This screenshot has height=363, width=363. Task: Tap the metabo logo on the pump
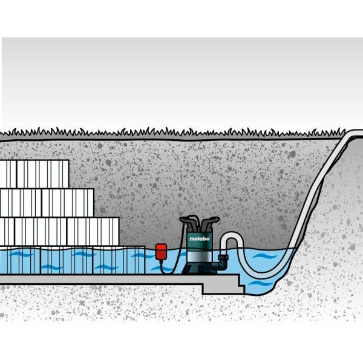[x=200, y=239]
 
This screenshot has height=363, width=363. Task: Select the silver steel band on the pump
[x=199, y=257]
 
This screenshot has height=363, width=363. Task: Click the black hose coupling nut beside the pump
[x=223, y=257]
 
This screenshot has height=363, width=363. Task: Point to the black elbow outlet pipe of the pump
[x=221, y=266]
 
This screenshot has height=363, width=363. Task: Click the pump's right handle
[x=210, y=222]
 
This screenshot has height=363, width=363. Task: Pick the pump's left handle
[x=188, y=222]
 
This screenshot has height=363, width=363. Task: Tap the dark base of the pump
[x=199, y=268]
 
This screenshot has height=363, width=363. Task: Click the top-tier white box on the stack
[x=43, y=174]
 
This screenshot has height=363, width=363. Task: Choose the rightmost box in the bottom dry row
[x=93, y=232]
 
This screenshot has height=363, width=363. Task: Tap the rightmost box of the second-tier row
[x=68, y=203]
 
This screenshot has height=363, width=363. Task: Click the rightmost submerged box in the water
[x=119, y=260]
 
